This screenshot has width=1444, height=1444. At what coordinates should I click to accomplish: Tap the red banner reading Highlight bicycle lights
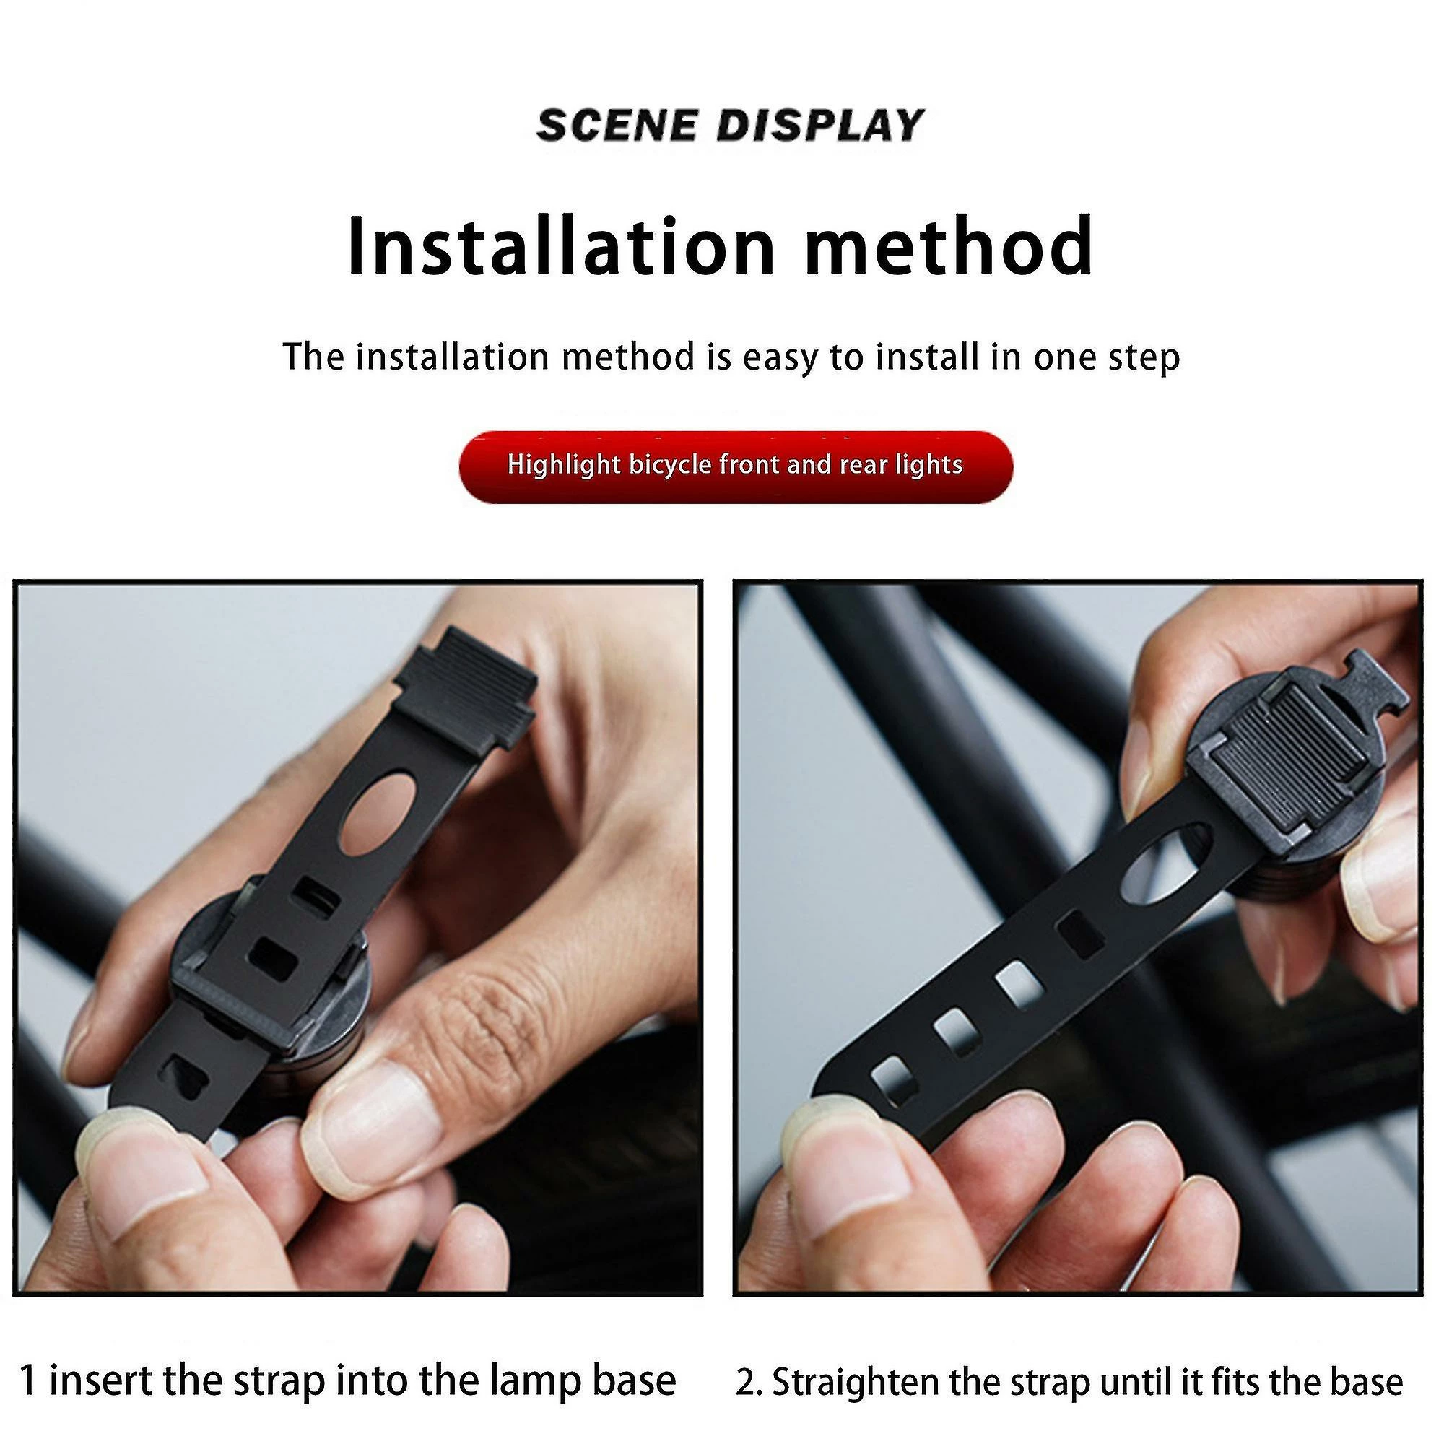click(x=736, y=466)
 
